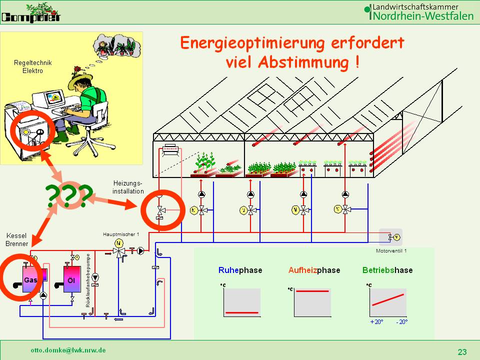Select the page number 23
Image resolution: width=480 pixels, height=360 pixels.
point(462,352)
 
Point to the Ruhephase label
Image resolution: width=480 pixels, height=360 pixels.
point(240,270)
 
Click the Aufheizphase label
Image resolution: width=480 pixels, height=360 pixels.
point(314,270)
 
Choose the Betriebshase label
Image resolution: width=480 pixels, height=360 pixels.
point(387,270)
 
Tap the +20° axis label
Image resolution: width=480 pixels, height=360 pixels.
point(376,322)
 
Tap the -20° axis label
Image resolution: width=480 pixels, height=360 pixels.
point(401,322)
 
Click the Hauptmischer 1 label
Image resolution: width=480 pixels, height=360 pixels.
point(121,234)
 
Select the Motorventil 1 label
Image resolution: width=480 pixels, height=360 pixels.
point(391,250)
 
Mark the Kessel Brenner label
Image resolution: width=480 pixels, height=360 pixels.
point(17,239)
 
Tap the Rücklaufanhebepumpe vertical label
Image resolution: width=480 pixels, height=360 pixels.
point(88,280)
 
